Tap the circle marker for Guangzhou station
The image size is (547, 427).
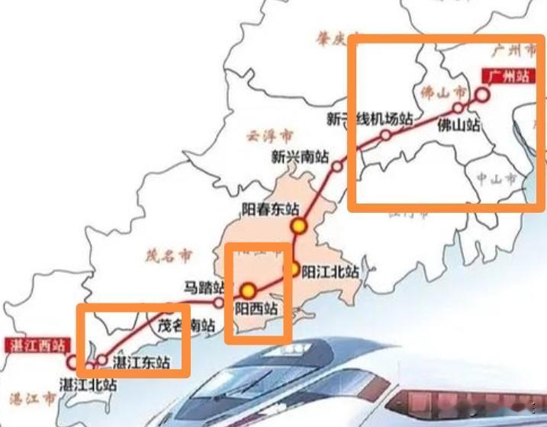tap(482, 95)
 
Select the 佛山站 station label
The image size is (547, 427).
tap(459, 125)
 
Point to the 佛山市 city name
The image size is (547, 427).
tap(443, 93)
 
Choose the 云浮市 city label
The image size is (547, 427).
tap(269, 136)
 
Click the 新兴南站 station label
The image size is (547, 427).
tap(300, 157)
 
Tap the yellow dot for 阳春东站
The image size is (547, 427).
tap(298, 226)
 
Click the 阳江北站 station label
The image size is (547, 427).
tap(330, 271)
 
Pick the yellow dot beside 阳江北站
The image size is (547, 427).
tap(293, 269)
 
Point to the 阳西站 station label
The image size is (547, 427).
tap(256, 309)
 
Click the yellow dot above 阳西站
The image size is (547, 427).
tap(248, 291)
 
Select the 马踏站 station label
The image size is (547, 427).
tap(204, 287)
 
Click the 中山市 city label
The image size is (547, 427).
tap(497, 179)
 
